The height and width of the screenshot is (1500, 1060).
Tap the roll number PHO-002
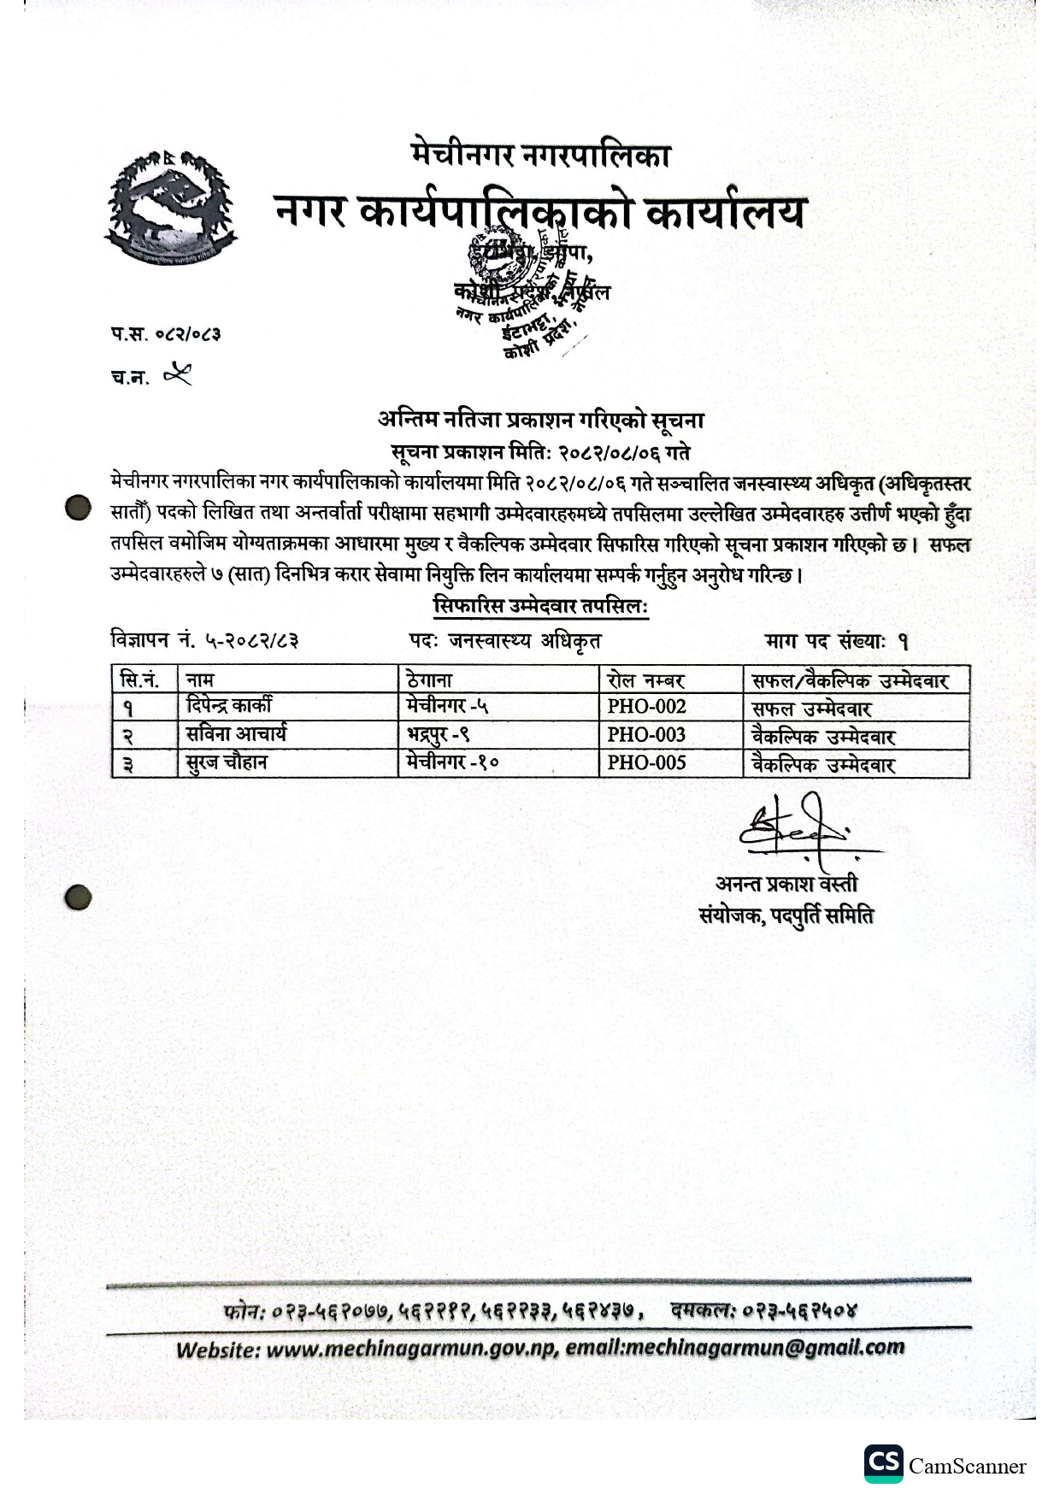[x=646, y=707]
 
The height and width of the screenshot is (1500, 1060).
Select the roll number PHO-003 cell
[x=646, y=735]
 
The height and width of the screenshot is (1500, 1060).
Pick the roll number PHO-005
[x=646, y=763]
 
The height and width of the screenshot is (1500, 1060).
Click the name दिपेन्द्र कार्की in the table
[x=229, y=706]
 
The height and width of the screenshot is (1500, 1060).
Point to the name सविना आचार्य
[x=236, y=734]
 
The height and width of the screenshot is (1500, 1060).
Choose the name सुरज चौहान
[x=227, y=762]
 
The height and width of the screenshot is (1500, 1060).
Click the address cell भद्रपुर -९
[x=439, y=735]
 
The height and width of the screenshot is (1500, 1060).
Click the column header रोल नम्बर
[x=645, y=680]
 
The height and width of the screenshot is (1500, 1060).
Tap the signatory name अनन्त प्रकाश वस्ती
[x=786, y=884]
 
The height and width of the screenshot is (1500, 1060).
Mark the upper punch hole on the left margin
[x=78, y=508]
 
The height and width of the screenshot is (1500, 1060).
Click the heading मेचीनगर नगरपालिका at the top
[x=540, y=156]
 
